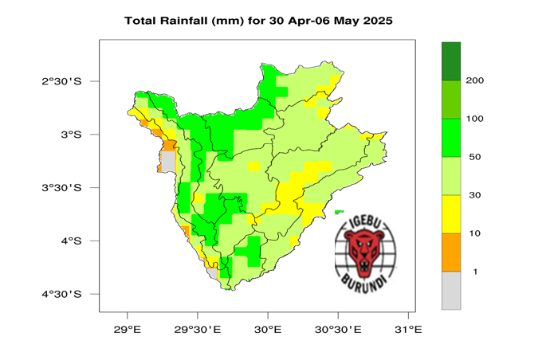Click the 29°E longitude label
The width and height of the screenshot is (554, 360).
(128, 328)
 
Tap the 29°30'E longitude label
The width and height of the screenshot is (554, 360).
(198, 328)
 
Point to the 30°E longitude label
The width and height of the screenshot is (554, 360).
(268, 328)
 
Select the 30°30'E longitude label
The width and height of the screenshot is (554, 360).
(338, 328)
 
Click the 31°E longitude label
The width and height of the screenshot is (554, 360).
(408, 328)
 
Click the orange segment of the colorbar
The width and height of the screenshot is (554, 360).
(451, 252)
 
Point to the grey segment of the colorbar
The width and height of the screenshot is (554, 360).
(451, 290)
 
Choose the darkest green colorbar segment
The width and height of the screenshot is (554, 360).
(451, 61)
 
